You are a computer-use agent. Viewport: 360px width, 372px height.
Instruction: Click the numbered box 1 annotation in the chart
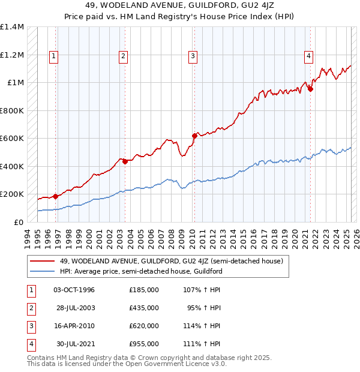(x=53, y=56)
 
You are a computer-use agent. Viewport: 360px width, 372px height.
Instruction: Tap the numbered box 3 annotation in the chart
(x=193, y=56)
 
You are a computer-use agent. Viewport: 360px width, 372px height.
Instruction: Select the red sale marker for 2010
(x=194, y=136)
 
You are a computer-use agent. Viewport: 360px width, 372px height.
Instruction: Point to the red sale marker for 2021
(x=310, y=89)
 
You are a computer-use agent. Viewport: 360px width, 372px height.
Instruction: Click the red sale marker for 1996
(x=56, y=196)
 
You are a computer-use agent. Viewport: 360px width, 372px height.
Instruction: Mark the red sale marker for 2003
(x=125, y=161)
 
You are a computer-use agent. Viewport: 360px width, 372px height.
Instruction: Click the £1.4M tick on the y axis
(x=12, y=27)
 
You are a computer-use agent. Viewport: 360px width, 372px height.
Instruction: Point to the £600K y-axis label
(x=11, y=139)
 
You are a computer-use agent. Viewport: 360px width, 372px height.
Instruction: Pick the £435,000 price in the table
(x=143, y=308)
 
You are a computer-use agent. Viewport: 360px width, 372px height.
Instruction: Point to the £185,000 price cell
(x=143, y=290)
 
